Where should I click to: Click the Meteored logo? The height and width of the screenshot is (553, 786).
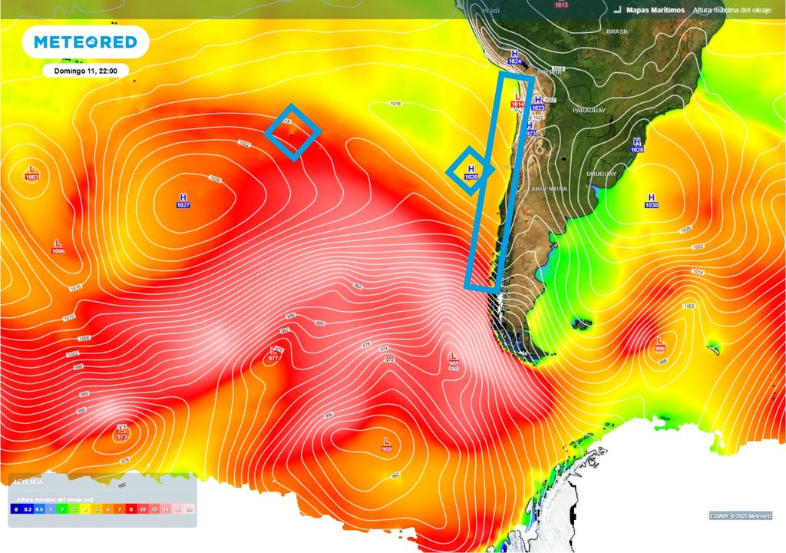[85, 42]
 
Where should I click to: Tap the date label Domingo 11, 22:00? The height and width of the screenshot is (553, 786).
[85, 71]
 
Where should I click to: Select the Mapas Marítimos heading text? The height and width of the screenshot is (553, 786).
[655, 10]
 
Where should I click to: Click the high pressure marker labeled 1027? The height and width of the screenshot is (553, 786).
[183, 201]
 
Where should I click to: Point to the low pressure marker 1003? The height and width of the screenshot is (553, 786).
[32, 173]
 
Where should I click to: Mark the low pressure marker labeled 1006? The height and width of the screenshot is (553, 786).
[58, 247]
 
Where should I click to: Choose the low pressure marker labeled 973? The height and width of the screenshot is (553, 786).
[121, 432]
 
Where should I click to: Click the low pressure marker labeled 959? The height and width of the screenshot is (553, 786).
[387, 445]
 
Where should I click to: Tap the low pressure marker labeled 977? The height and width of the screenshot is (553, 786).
[273, 354]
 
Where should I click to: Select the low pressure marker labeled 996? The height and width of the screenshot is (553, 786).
[660, 343]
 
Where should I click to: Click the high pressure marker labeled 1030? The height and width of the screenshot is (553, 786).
[652, 201]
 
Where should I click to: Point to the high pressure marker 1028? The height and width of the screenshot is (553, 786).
[636, 145]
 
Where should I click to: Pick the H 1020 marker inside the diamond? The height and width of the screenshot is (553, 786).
[471, 172]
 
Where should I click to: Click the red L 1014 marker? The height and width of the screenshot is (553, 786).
[517, 100]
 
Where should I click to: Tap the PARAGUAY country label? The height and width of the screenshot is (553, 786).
[589, 111]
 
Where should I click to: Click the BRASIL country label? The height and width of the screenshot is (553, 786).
[617, 31]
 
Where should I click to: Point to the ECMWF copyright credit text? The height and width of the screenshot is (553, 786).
[740, 515]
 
